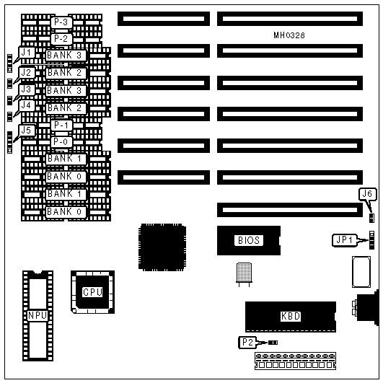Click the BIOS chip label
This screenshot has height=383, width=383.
click(x=249, y=240)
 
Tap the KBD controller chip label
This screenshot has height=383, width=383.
click(x=291, y=316)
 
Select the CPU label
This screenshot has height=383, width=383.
click(x=92, y=292)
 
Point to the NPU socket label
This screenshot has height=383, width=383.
click(x=38, y=315)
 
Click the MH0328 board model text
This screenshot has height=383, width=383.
click(x=289, y=35)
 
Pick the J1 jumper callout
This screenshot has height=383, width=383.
click(x=27, y=53)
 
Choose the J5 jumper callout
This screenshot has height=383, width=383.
click(x=27, y=131)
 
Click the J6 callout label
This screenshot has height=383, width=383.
click(x=367, y=194)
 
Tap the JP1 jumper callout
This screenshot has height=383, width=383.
click(x=344, y=240)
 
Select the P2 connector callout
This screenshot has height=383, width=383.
click(x=247, y=342)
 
